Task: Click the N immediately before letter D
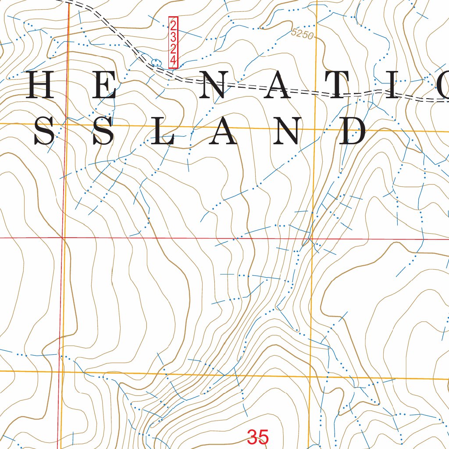pyautogui.click(x=288, y=132)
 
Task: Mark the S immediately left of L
pyautogui.click(x=103, y=132)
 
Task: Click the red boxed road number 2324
pyautogui.click(x=174, y=43)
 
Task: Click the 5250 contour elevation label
pyautogui.click(x=303, y=34)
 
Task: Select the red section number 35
pyautogui.click(x=257, y=437)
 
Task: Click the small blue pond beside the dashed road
pyautogui.click(x=154, y=61)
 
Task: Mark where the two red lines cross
pyautogui.click(x=64, y=238)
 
